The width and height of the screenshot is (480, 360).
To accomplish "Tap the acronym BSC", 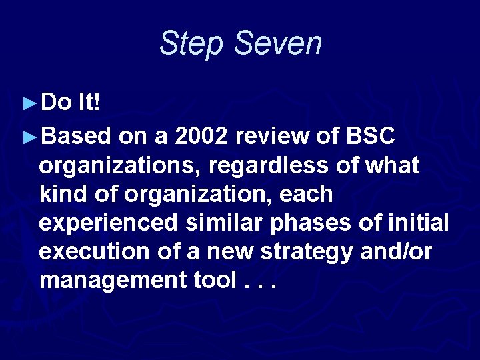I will click(371, 136).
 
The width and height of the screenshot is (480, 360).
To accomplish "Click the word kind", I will click(61, 194).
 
